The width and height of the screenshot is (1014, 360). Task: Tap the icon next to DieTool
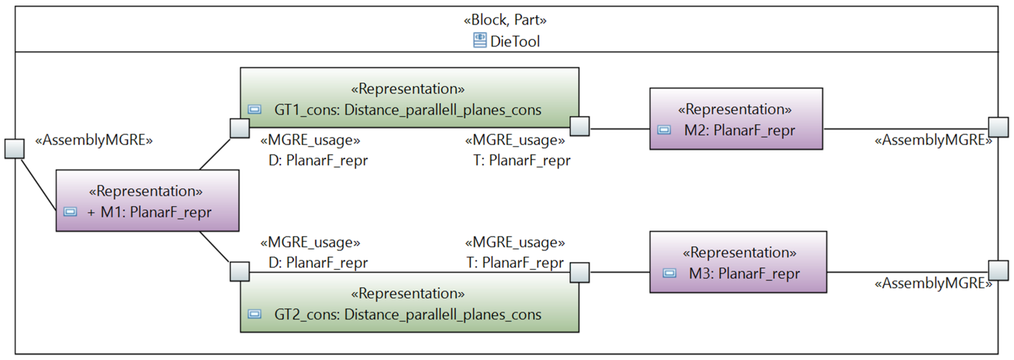coord(480,40)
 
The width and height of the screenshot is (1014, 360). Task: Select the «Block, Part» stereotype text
coord(505,20)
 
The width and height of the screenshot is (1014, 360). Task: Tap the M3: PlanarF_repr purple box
coord(738,262)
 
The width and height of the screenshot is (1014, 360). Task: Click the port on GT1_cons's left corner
coord(240,128)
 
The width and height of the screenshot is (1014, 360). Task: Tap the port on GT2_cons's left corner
coord(240,272)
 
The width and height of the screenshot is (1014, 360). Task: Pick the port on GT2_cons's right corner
coord(579,272)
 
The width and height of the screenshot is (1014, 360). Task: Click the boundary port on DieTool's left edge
coord(14,149)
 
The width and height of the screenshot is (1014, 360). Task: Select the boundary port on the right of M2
coord(998,127)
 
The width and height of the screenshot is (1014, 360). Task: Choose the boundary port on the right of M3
coord(998,270)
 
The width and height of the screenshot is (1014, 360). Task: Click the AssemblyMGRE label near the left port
coord(94,140)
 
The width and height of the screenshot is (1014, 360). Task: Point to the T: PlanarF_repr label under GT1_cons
coord(521,161)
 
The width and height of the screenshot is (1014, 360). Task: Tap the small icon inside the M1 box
coord(70,212)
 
